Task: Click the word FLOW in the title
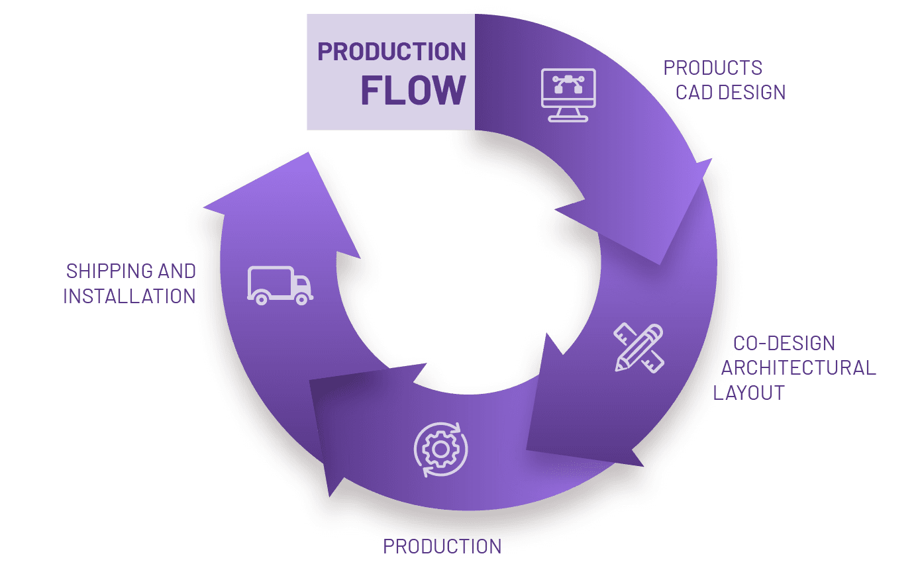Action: (413, 90)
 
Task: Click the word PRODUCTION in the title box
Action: (391, 52)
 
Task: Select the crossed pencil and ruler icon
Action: (639, 348)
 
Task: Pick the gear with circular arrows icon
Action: (440, 449)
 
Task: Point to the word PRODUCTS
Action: (713, 68)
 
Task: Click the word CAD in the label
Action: (692, 92)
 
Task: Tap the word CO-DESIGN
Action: (784, 343)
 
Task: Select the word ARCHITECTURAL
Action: (798, 367)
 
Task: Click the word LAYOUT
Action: (749, 392)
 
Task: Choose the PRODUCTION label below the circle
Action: (442, 546)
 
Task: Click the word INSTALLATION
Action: (130, 296)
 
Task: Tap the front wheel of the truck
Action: (301, 299)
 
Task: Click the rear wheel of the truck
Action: (261, 299)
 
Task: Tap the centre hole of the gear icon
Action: (440, 449)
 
